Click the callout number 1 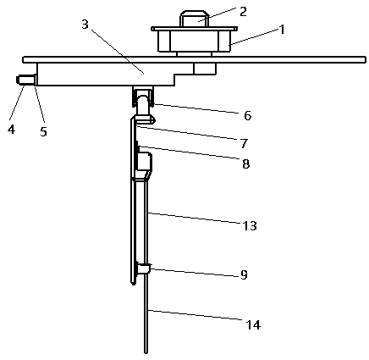(x=281, y=29)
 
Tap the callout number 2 (x=242, y=12)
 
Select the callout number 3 (x=85, y=25)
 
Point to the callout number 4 (x=11, y=130)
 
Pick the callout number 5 (x=43, y=131)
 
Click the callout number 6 (x=247, y=116)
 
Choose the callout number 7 (x=244, y=143)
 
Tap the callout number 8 (x=246, y=163)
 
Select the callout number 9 (x=244, y=274)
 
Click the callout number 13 (x=250, y=226)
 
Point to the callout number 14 (x=253, y=325)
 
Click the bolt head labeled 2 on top (x=194, y=19)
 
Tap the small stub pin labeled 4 (x=26, y=80)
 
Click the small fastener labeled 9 (x=144, y=268)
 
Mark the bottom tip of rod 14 (x=146, y=352)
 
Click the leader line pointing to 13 (x=196, y=218)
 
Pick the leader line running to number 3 (x=118, y=52)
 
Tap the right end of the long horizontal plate (x=366, y=59)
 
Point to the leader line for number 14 (x=196, y=315)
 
